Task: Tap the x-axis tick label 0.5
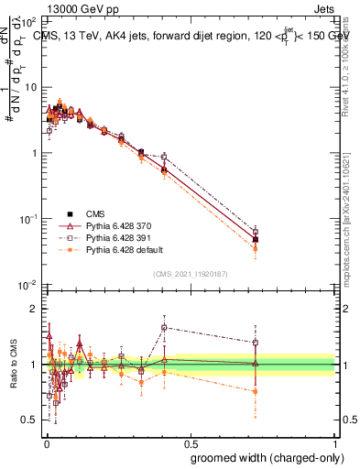tap(190, 442)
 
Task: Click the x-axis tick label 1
tap(334, 442)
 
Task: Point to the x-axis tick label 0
tap(45, 442)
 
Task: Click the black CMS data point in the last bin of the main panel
tap(256, 239)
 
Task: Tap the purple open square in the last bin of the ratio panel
tap(256, 343)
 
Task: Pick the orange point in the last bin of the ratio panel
tap(256, 391)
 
